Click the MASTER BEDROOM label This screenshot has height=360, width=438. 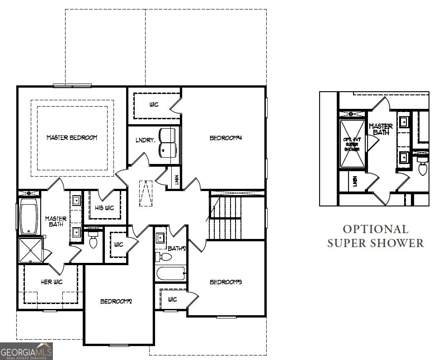[72, 137]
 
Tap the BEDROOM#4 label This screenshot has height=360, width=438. [226, 138]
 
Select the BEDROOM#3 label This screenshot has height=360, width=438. [226, 282]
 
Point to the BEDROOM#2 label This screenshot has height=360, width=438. [116, 301]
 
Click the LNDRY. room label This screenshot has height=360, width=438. [146, 140]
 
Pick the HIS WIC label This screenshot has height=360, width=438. [104, 208]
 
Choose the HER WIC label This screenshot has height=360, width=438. [52, 282]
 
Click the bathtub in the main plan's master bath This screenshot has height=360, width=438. [30, 219]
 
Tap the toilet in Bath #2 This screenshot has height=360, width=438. [164, 257]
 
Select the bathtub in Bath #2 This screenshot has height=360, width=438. [171, 273]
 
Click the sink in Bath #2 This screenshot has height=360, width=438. [160, 237]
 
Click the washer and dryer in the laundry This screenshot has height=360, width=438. [168, 143]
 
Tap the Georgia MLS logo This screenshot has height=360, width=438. [26, 351]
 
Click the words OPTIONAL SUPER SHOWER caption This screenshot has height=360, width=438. [375, 236]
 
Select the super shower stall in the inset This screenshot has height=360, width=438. [352, 143]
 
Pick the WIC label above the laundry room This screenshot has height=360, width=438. [154, 105]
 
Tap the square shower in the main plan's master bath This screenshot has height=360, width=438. [30, 250]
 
